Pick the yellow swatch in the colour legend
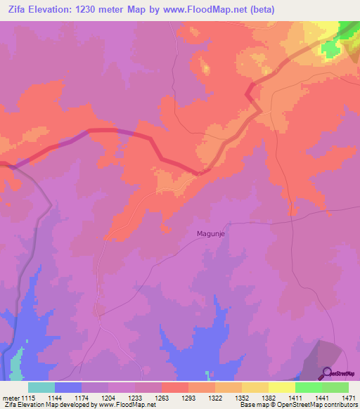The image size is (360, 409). pyautogui.click(x=281, y=387)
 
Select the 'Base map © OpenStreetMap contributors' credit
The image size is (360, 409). pyautogui.click(x=297, y=405)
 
